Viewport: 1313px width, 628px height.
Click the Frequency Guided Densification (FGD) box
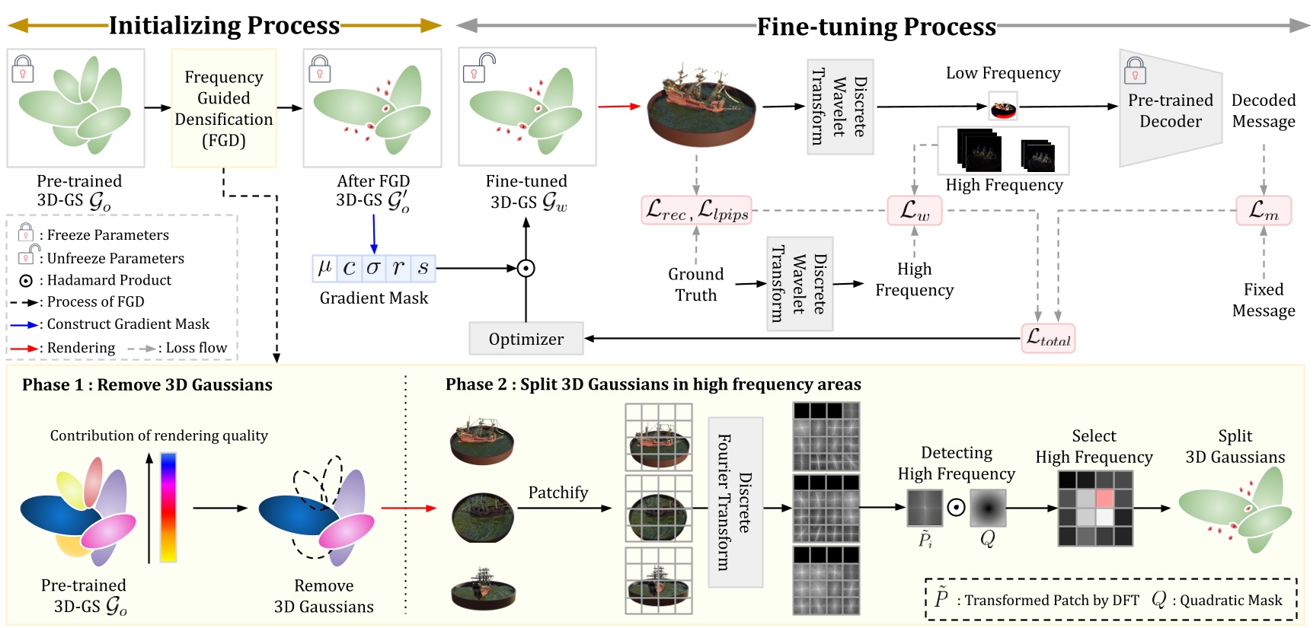click(223, 108)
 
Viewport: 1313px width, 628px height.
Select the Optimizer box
click(526, 339)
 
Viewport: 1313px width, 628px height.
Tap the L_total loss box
click(1048, 338)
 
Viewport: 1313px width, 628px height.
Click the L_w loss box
click(914, 211)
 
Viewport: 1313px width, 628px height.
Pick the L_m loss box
click(1263, 211)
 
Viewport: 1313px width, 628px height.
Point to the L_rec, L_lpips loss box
click(696, 211)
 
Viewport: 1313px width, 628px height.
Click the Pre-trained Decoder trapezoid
click(1170, 109)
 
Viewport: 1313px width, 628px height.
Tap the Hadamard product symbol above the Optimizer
click(526, 269)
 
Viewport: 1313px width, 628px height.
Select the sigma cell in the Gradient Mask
click(373, 268)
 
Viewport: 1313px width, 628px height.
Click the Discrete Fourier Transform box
click(735, 502)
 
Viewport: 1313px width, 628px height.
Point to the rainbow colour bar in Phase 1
click(168, 507)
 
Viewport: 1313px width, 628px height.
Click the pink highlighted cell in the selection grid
click(1104, 499)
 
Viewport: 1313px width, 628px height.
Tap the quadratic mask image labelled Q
click(988, 508)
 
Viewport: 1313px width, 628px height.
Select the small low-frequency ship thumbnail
click(1003, 108)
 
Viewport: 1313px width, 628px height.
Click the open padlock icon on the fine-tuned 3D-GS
click(478, 69)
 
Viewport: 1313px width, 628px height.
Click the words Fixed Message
click(1263, 300)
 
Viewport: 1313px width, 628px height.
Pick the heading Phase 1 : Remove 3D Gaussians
click(147, 385)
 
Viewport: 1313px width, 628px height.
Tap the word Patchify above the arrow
click(557, 493)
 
